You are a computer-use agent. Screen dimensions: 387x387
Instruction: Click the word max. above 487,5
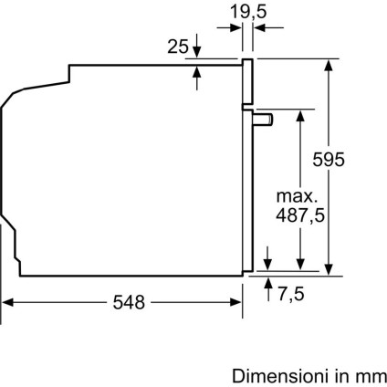point(298,195)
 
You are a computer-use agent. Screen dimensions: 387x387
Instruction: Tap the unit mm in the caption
point(370,374)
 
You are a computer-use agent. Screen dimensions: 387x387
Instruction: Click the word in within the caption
point(340,374)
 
